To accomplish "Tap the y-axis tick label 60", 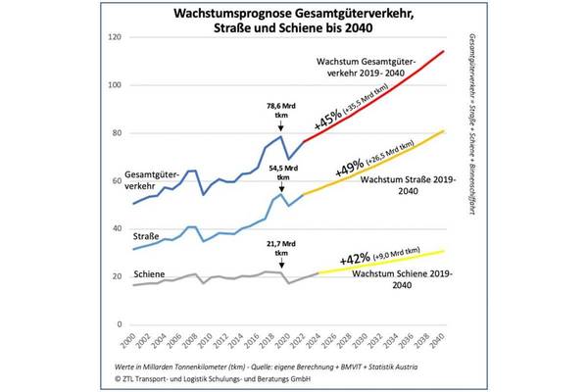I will (x=116, y=181).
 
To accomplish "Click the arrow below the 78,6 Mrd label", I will (x=282, y=128).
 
